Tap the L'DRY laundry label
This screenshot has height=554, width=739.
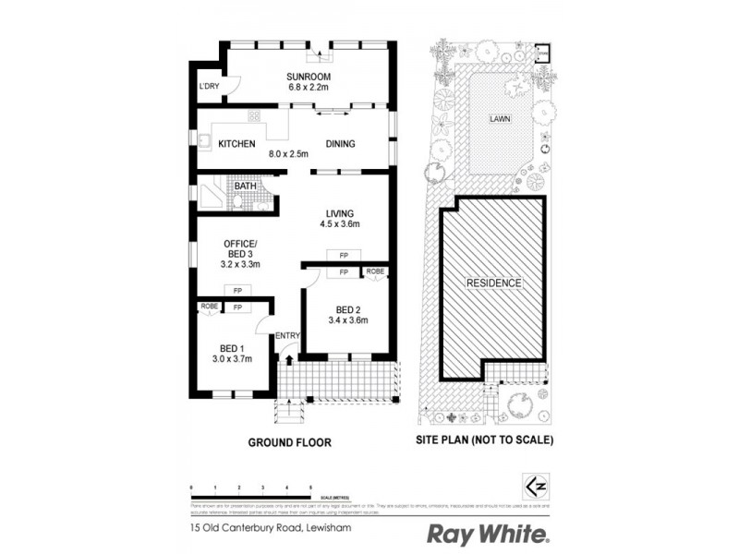(209, 87)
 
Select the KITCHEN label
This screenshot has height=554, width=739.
(236, 144)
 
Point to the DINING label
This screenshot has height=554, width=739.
(340, 144)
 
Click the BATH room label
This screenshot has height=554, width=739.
(245, 186)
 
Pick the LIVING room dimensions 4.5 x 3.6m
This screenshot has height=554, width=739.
(338, 224)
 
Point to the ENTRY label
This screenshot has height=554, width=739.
(286, 336)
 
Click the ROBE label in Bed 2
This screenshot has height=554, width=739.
(376, 271)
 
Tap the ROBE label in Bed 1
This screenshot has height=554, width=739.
(208, 307)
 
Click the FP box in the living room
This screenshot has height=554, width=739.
(343, 255)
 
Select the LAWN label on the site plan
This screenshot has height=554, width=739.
(502, 119)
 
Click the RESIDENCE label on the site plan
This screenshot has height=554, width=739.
(493, 283)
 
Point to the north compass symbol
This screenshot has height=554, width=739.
(531, 485)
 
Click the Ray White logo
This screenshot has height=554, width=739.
(488, 533)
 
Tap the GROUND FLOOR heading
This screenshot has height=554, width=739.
(289, 442)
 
